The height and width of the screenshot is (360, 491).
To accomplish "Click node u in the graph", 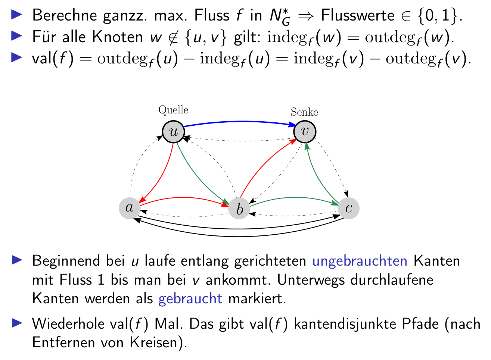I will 174,132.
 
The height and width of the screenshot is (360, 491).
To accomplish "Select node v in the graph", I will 305,132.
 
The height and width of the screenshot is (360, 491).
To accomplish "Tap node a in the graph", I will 130,208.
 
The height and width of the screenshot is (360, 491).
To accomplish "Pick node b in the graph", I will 239,209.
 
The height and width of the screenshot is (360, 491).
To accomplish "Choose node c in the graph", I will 349,208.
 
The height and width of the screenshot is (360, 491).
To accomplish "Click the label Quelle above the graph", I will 173,110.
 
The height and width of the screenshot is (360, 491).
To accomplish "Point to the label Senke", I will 304,112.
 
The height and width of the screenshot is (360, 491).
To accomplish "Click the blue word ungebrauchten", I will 360,261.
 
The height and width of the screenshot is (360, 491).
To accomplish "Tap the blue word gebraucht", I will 190,299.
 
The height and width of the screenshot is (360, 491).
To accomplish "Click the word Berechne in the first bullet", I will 65,16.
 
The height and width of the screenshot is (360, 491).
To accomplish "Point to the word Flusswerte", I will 357,16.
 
